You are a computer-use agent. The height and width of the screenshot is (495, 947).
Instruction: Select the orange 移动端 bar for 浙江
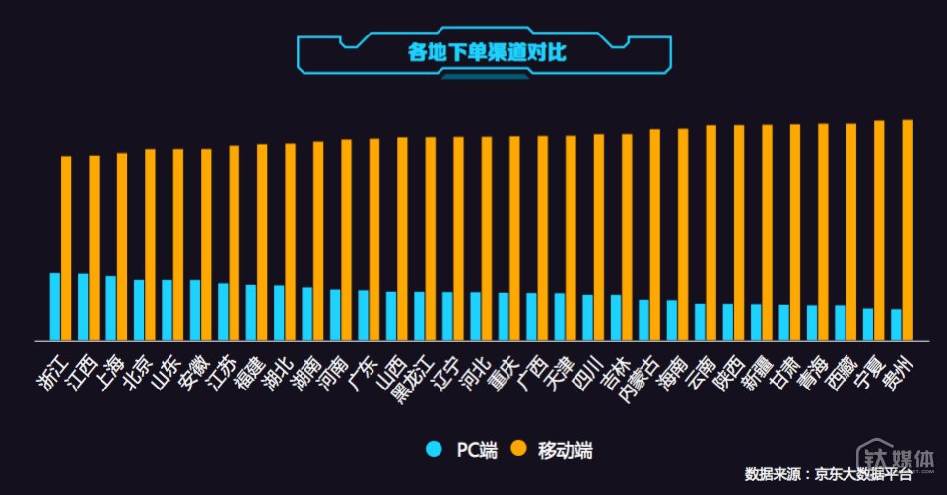point(66,247)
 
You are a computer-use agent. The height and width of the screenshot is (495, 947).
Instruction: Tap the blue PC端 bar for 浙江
point(55,306)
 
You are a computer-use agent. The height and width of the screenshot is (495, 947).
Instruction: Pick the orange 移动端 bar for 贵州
point(907,230)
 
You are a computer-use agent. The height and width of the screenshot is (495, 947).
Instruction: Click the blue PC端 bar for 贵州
point(896,323)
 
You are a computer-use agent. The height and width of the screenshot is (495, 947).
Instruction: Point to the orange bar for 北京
point(150,244)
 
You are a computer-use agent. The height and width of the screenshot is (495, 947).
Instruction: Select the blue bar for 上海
point(111,308)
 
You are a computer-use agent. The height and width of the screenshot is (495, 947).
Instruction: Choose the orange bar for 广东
point(374,239)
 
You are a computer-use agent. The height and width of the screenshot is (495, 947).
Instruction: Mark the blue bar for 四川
point(587,317)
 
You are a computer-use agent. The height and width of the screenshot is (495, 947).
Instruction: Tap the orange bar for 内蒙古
point(655,234)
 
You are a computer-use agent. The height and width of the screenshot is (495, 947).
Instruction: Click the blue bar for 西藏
point(840,321)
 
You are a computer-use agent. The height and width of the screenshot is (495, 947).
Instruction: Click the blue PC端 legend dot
point(433,450)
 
